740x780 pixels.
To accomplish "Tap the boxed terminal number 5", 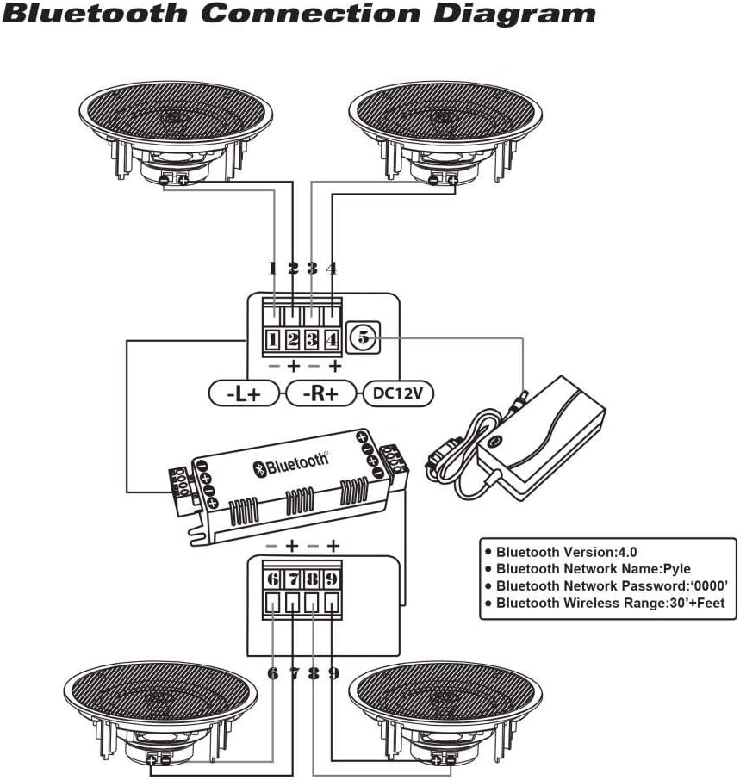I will pos(364,338).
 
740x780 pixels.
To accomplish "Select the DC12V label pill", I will pos(398,393).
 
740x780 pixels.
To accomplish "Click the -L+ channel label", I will pos(245,393).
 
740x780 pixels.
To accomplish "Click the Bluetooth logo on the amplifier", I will pos(290,465).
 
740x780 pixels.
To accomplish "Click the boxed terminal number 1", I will pos(273,339).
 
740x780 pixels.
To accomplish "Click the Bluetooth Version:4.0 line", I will pos(567,552).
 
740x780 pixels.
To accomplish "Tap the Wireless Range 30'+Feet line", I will pos(605,604).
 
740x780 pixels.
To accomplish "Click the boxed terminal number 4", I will pos(333,339).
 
